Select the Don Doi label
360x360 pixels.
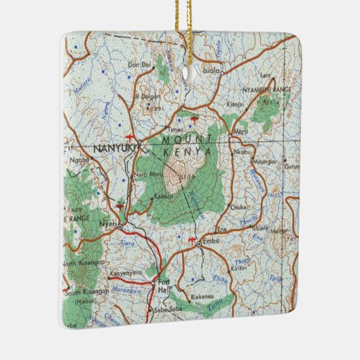pyautogui.click(x=137, y=65)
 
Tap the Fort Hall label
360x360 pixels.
pyautogui.click(x=163, y=285)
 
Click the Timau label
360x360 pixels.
pyautogui.click(x=176, y=128)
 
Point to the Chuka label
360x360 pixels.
pyautogui.click(x=238, y=207)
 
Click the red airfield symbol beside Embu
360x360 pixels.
pyautogui.click(x=192, y=240)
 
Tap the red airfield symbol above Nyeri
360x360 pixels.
pyautogui.click(x=120, y=202)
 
